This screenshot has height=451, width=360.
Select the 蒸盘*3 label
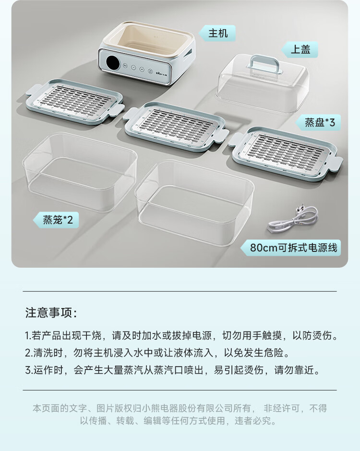coord(319,122)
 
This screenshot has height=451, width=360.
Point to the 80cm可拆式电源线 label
coord(294,248)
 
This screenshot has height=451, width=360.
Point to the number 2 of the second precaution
coord(27,353)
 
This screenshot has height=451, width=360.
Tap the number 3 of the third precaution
coord(27,370)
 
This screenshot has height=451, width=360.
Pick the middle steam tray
coord(175,125)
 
